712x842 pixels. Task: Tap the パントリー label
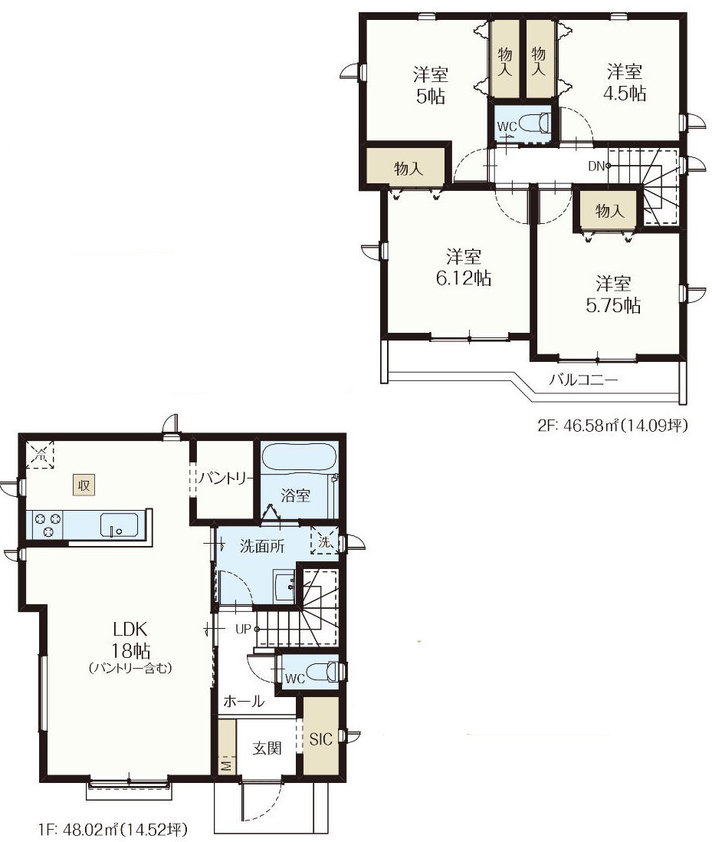tap(225, 478)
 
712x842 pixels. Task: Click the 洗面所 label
tap(262, 546)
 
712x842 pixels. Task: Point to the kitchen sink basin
tap(119, 524)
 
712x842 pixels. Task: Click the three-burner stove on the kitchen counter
tap(48, 524)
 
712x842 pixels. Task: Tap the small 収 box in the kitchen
tap(84, 485)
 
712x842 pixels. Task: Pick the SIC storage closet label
tap(321, 739)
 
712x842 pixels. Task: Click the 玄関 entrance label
tap(267, 748)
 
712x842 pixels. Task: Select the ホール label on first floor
tap(244, 701)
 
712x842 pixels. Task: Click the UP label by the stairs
tap(243, 629)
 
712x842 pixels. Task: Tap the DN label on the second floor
tap(596, 166)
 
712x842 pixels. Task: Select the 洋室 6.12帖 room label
tap(464, 267)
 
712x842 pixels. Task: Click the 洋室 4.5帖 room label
tap(625, 82)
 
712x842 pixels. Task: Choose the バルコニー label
tap(583, 380)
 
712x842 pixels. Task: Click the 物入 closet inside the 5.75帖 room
tap(609, 210)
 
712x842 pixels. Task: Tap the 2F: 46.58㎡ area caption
tap(612, 426)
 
